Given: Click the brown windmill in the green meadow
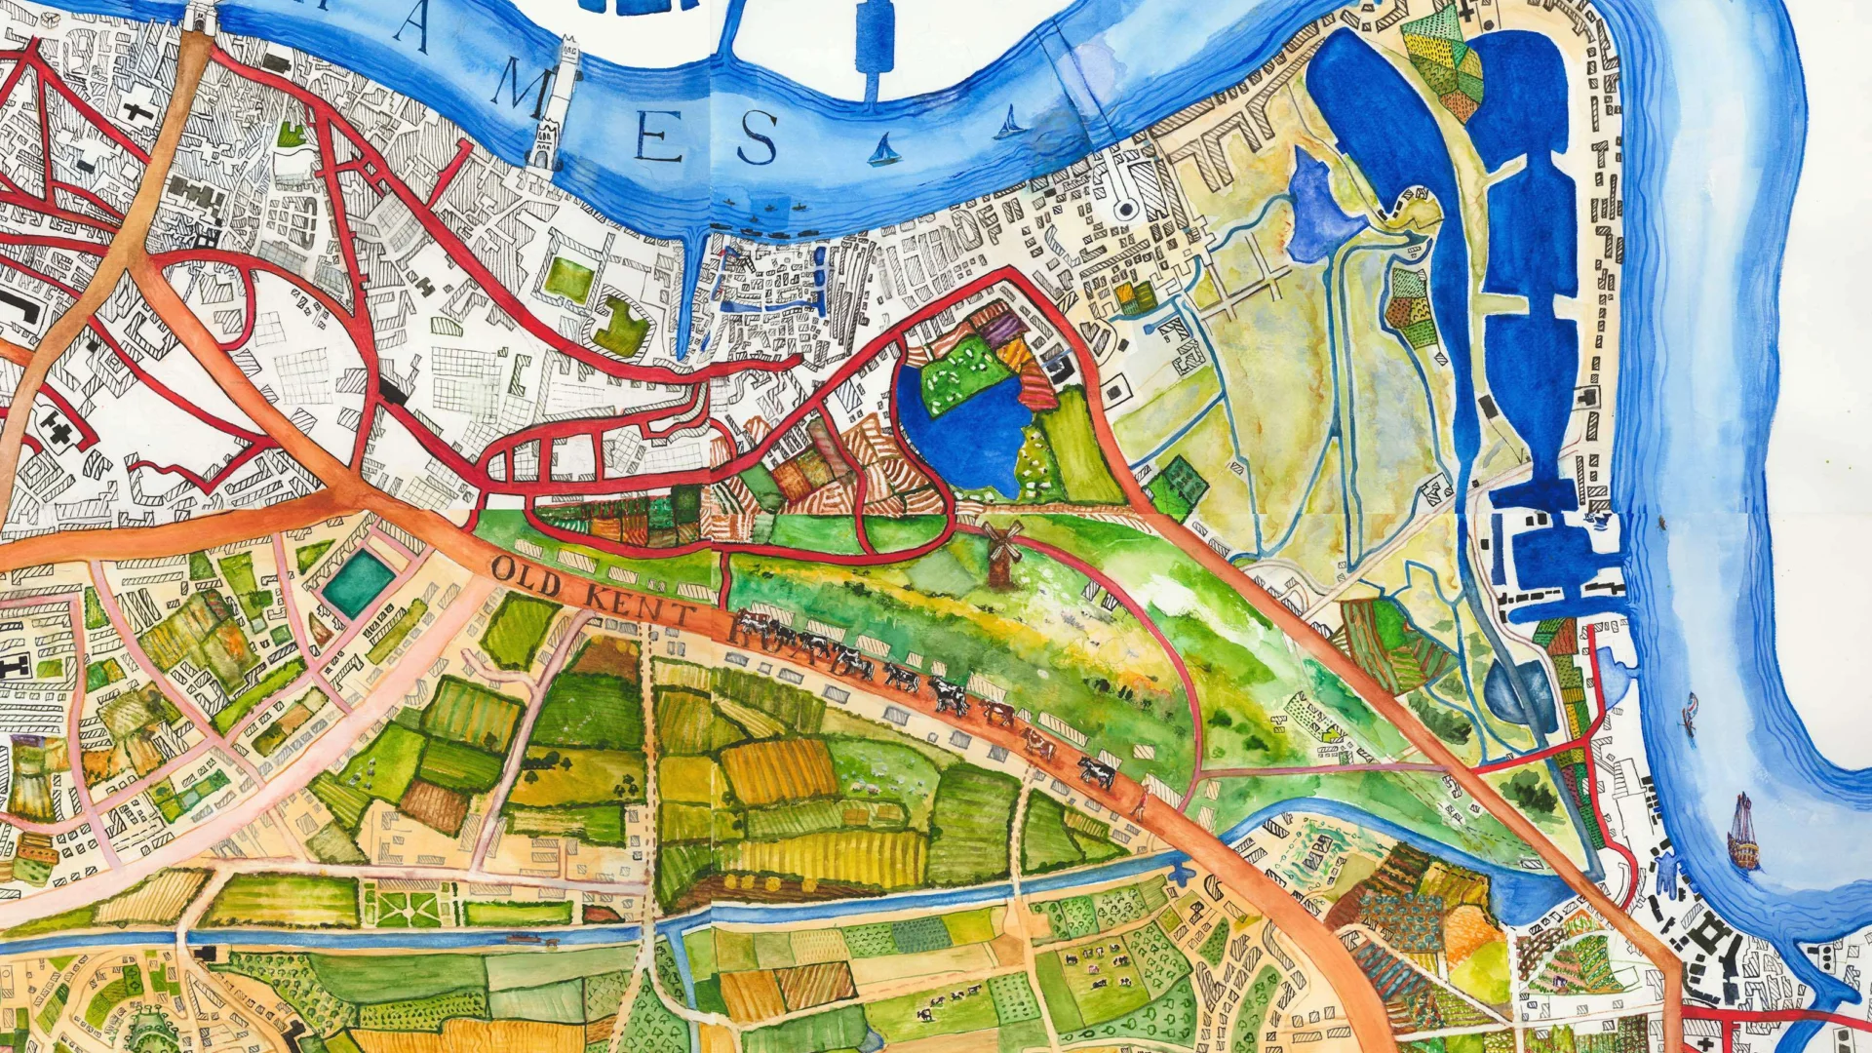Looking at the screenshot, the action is point(999,553).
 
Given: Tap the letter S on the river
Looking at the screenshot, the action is point(757,137).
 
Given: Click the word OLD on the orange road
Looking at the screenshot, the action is point(526,576).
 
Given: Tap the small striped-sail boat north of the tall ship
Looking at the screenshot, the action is point(1690,712).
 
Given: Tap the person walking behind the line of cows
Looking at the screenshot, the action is point(1138,801).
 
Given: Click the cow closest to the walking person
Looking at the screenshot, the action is point(1097,773).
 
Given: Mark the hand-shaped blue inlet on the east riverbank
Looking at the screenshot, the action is point(1667,873).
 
